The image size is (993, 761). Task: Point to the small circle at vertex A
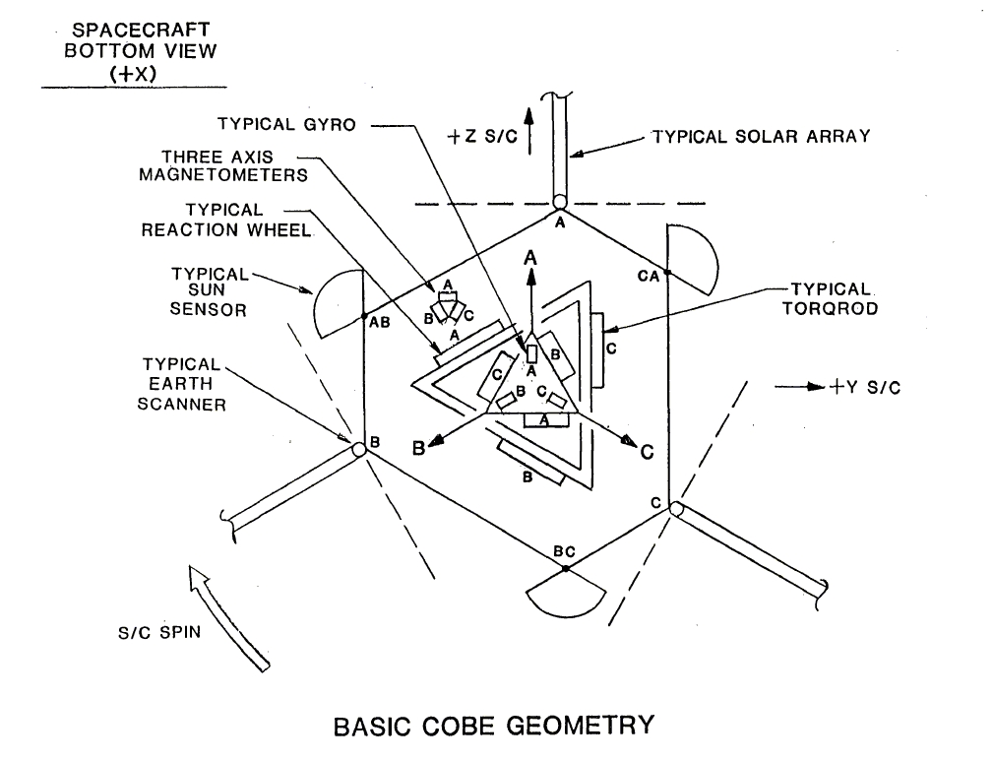point(559,203)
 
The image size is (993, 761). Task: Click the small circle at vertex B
point(358,450)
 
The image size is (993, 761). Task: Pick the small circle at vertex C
point(675,509)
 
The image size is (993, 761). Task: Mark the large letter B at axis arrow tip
point(417,449)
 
